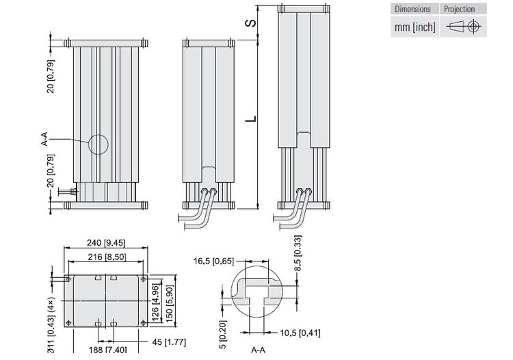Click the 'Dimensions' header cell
[x=414, y=9]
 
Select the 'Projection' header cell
[x=460, y=9]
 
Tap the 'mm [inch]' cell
[x=414, y=27]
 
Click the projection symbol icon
[x=463, y=27]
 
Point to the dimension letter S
[x=252, y=22]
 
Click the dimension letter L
[x=252, y=118]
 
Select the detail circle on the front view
[x=97, y=144]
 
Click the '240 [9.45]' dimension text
[x=106, y=242]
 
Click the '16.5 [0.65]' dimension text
[x=214, y=261]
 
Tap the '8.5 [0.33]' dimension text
[x=297, y=254]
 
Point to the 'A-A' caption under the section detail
[x=259, y=350]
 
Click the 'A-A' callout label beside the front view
[x=44, y=140]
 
